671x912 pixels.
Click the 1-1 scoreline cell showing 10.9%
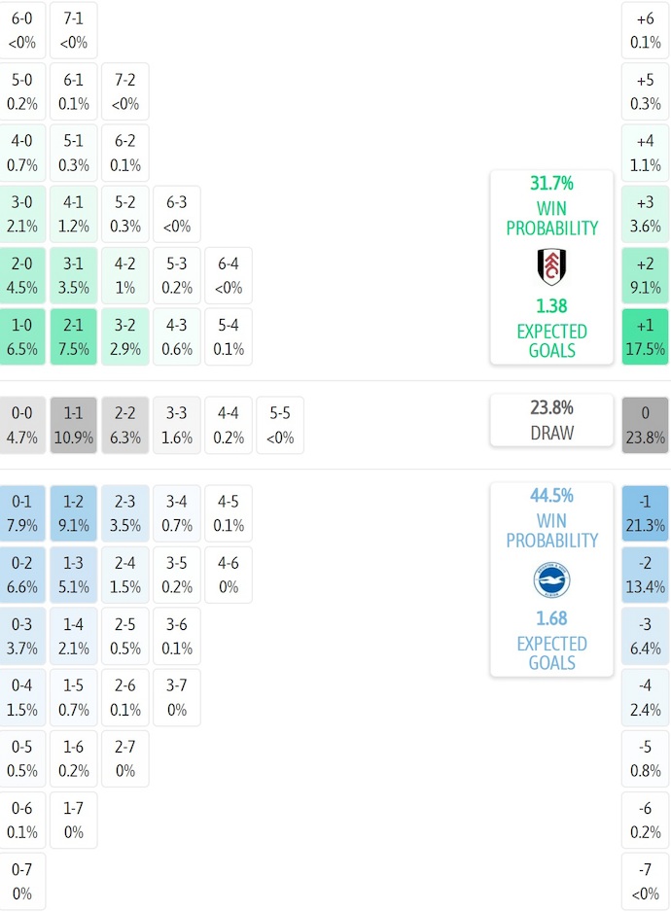74,425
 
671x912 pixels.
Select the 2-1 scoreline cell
74,336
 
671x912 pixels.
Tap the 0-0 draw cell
22,425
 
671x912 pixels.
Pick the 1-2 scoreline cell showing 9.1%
74,513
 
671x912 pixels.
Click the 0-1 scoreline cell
22,513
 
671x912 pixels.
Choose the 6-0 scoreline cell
22,30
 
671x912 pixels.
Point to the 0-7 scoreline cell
22,881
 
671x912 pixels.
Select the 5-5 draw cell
279,425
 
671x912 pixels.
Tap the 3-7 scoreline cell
176,697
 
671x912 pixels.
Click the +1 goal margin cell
645,336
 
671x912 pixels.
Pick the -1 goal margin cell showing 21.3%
645,513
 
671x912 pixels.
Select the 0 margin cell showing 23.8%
645,425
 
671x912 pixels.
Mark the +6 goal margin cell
645,30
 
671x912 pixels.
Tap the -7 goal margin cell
645,881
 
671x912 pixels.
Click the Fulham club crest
551,266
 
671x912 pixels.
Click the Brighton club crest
551,580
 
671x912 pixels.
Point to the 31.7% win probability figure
551,183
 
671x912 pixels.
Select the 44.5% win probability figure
551,495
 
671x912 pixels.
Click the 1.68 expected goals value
551,618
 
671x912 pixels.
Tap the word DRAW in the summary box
551,433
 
